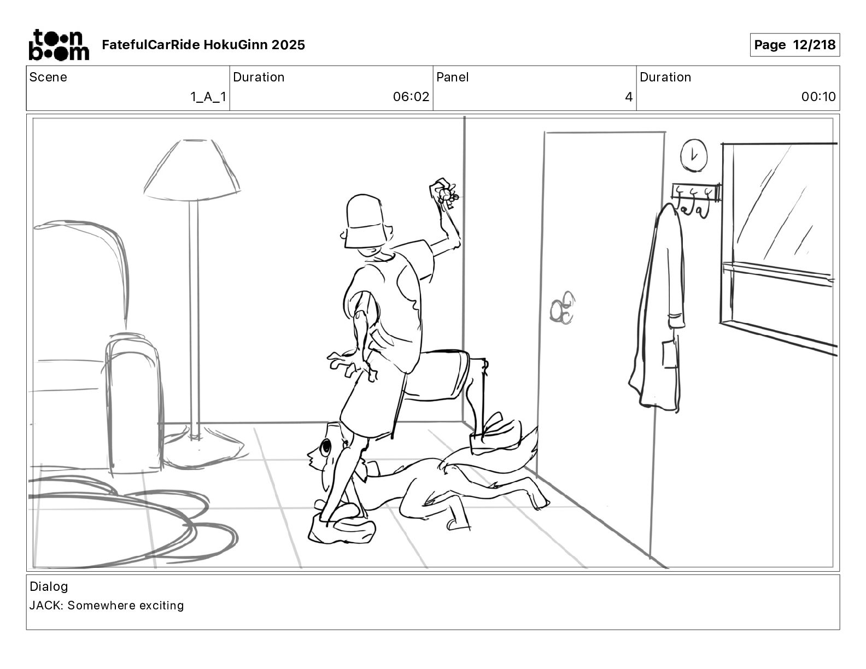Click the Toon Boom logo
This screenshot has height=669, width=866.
coord(58,45)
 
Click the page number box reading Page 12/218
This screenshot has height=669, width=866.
coord(794,45)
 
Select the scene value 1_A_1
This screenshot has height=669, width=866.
coord(208,97)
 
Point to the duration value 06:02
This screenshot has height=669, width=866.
coord(411,97)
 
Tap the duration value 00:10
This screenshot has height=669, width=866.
coord(818,97)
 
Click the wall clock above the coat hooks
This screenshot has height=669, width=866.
coord(693,155)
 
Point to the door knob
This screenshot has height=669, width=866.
coord(562,309)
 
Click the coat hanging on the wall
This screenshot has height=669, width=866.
coord(659,312)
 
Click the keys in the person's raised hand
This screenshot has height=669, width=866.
coord(446,195)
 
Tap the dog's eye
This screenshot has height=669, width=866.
coord(326,447)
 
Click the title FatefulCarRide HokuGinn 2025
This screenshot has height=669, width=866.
coord(203,45)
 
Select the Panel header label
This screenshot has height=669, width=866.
coord(452,77)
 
